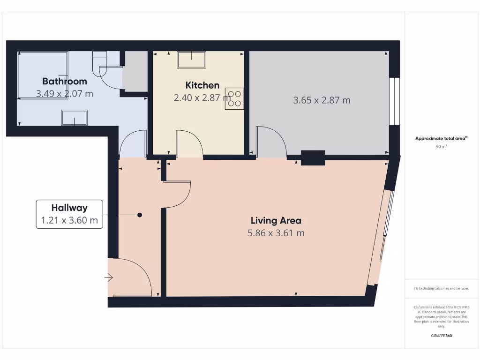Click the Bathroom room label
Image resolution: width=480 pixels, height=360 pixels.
(x=65, y=81)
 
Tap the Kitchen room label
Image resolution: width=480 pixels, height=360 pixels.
(x=202, y=85)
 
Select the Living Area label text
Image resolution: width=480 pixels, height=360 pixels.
(x=276, y=220)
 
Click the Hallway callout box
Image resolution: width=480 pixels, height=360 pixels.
(x=69, y=214)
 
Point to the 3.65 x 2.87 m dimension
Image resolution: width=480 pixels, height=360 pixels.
(x=322, y=100)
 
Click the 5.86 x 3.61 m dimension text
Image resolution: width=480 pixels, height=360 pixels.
(x=276, y=233)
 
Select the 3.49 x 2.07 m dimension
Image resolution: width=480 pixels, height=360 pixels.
(x=65, y=93)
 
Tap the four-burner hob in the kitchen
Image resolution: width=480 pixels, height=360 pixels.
(x=234, y=98)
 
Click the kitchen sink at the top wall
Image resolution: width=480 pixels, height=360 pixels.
(x=191, y=60)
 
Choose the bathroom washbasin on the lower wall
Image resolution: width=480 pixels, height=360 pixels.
(x=74, y=117)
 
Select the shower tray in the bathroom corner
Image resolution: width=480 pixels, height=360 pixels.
(x=42, y=75)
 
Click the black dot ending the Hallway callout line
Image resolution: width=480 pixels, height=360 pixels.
(x=139, y=215)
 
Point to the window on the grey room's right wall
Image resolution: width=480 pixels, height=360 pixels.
(x=395, y=101)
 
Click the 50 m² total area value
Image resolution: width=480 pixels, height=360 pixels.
(x=441, y=147)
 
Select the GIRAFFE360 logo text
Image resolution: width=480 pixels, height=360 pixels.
(x=441, y=336)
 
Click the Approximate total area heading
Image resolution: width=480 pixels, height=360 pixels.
(x=441, y=138)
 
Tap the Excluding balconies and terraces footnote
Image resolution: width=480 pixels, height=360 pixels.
(x=441, y=288)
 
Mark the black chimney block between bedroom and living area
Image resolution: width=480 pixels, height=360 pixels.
(x=313, y=157)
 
